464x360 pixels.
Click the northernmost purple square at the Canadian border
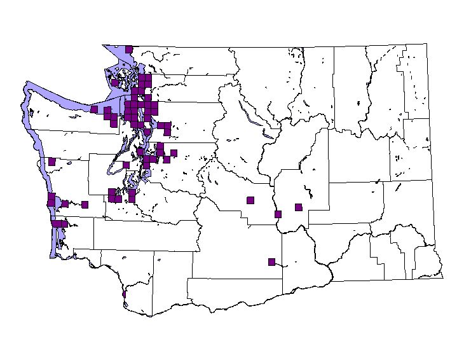128,49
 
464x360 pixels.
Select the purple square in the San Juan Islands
114,82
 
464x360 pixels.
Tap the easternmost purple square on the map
298,207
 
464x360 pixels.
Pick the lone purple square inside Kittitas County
250,200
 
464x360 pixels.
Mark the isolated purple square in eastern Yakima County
271,261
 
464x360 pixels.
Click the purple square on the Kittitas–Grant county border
278,214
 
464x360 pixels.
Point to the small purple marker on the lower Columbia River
123,294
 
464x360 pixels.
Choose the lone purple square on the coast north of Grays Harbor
51,162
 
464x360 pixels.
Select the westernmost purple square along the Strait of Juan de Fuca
94,109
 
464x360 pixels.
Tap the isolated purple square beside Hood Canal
126,165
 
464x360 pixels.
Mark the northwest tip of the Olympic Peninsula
27,84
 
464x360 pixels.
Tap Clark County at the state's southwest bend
137,299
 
